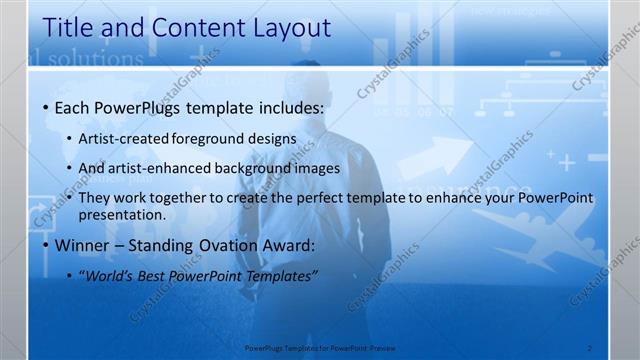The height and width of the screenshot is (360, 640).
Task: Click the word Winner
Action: [x=82, y=245]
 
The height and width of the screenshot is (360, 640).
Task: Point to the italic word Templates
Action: [x=281, y=276]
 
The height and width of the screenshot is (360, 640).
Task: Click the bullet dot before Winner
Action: [x=45, y=246]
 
